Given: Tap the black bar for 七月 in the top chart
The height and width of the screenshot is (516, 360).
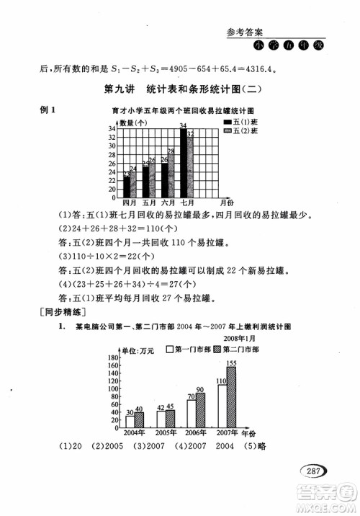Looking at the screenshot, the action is [x=182, y=161].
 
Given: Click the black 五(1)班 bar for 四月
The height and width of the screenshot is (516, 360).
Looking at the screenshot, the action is [x=127, y=185].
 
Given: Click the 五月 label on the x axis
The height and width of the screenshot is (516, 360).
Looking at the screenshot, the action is [x=148, y=203].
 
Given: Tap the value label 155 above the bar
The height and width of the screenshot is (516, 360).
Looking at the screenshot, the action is [x=232, y=362].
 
